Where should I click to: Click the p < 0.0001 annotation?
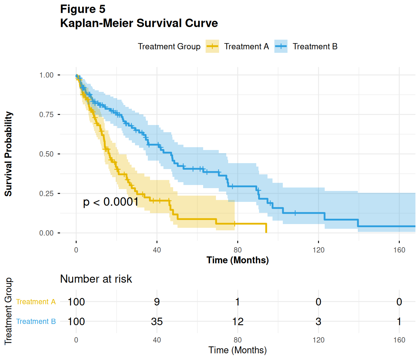[111, 202]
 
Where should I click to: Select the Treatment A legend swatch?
[212, 47]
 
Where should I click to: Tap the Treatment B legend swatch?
[281, 47]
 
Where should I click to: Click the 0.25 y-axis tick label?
[46, 194]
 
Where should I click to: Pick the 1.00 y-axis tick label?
[46, 75]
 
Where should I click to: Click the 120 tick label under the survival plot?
[318, 250]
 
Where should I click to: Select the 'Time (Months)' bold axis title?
[237, 260]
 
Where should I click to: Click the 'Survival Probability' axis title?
[8, 154]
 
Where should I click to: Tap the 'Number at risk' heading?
[96, 279]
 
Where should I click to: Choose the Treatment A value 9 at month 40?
[157, 302]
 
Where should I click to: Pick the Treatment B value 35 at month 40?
[157, 322]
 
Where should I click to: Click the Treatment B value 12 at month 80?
[237, 322]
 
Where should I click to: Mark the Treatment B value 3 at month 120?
[318, 322]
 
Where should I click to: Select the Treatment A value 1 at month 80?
[237, 302]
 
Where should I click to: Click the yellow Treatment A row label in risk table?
[36, 302]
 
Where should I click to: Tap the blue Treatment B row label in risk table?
[36, 322]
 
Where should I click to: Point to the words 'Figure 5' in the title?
[83, 9]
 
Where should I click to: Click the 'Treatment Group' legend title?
[169, 47]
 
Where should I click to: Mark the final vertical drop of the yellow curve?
[266, 228]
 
